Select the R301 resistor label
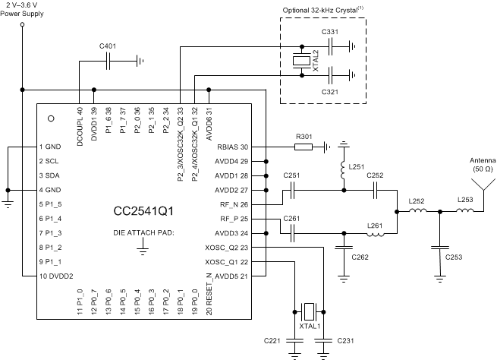coord(304,137)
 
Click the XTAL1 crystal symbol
coord(309,311)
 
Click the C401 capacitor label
coord(109,46)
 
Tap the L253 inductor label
coord(466,200)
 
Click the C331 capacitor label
coord(330,31)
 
